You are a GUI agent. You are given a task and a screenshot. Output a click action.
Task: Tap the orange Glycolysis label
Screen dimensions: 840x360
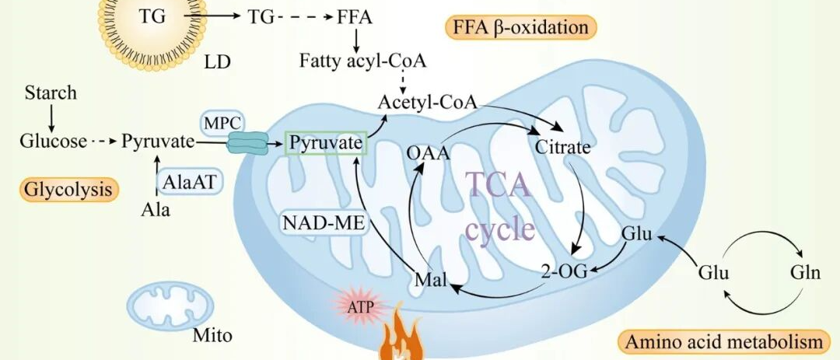(68, 189)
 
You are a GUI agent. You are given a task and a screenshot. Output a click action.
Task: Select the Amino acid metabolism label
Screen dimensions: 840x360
(723, 342)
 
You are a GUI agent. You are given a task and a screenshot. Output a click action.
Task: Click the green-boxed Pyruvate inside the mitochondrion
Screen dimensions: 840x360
(326, 142)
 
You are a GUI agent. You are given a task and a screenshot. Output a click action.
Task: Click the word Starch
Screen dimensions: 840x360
(51, 93)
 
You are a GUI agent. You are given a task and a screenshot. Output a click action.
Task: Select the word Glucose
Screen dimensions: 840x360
(53, 142)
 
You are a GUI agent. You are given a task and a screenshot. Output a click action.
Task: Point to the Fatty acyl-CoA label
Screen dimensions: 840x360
(362, 61)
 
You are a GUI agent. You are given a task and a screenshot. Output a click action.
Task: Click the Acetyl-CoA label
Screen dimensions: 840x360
(427, 103)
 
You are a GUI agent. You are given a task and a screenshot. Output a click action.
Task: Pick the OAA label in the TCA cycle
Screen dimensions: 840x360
(428, 153)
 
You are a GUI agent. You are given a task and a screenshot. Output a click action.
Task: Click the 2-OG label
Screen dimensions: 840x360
(564, 271)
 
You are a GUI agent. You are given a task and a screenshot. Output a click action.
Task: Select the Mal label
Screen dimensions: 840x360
(430, 280)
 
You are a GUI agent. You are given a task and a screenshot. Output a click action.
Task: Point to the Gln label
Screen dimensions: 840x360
(805, 272)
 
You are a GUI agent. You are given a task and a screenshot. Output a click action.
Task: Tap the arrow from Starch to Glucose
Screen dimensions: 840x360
(51, 118)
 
